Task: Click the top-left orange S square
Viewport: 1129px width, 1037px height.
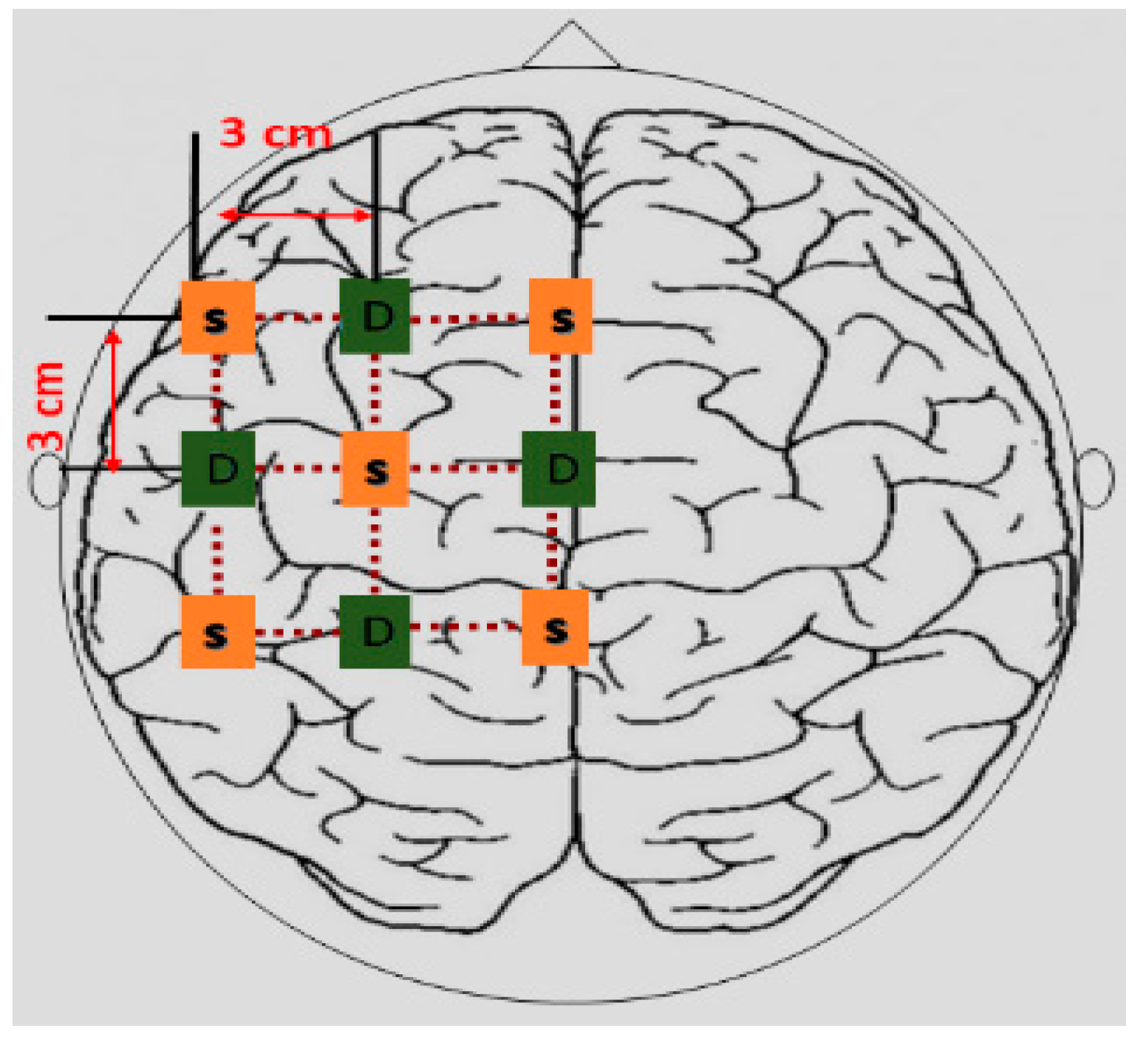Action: [218, 318]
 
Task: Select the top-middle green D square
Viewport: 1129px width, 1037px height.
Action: [375, 316]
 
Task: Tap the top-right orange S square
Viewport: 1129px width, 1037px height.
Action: [561, 317]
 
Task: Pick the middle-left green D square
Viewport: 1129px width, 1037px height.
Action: [218, 468]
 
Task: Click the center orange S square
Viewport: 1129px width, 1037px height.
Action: [375, 469]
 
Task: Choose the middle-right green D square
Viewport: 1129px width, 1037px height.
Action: [559, 468]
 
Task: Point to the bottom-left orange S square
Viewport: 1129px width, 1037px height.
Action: [218, 632]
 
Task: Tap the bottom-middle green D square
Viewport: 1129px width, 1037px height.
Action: [375, 632]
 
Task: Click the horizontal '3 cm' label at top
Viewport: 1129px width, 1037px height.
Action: [275, 134]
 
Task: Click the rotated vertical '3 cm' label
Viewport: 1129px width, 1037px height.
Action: [47, 406]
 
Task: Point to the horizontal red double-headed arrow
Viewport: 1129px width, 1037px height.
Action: [296, 215]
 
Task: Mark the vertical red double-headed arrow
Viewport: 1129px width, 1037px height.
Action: [113, 401]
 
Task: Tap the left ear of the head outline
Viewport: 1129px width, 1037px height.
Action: [46, 480]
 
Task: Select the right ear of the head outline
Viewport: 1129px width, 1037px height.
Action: [1097, 479]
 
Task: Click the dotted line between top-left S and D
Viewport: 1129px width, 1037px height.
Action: [297, 318]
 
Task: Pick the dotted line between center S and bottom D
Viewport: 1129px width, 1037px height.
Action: [375, 550]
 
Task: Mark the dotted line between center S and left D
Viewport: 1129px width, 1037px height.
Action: [298, 468]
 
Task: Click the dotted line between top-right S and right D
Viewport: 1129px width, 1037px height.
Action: [556, 392]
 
